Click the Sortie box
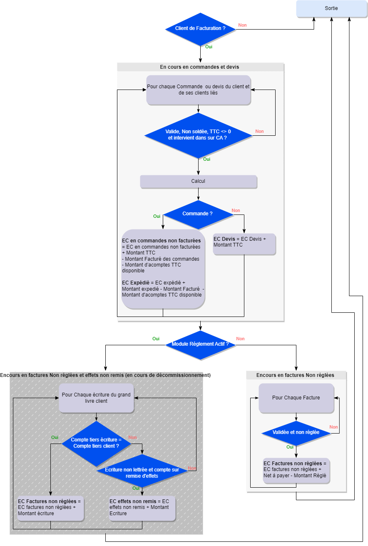(x=331, y=8)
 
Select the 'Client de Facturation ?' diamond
(x=200, y=29)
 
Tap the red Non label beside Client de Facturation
(x=242, y=25)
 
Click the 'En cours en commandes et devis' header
(x=200, y=67)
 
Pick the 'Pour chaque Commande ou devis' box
(x=198, y=90)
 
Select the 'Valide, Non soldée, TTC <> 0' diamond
(x=198, y=135)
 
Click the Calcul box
(x=198, y=182)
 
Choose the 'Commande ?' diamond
(x=198, y=214)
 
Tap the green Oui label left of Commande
(x=157, y=216)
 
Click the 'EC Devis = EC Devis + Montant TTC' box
(x=244, y=244)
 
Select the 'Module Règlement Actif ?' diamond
(x=200, y=344)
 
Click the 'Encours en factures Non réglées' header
(x=296, y=375)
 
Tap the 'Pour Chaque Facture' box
(x=296, y=398)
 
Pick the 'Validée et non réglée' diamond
(x=296, y=433)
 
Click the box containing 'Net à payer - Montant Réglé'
(x=296, y=471)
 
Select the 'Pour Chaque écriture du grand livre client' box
(x=96, y=398)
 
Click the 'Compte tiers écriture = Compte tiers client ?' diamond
(x=96, y=443)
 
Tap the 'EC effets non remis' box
(x=142, y=508)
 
